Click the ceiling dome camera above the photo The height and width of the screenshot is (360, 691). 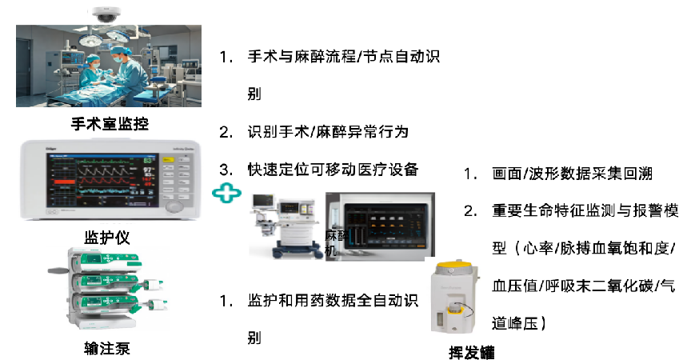105,14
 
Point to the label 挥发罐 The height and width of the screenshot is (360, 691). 471,351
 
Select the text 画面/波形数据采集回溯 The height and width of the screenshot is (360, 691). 573,174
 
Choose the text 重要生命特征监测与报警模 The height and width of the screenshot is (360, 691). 584,211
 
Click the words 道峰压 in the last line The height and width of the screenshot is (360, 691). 513,322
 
